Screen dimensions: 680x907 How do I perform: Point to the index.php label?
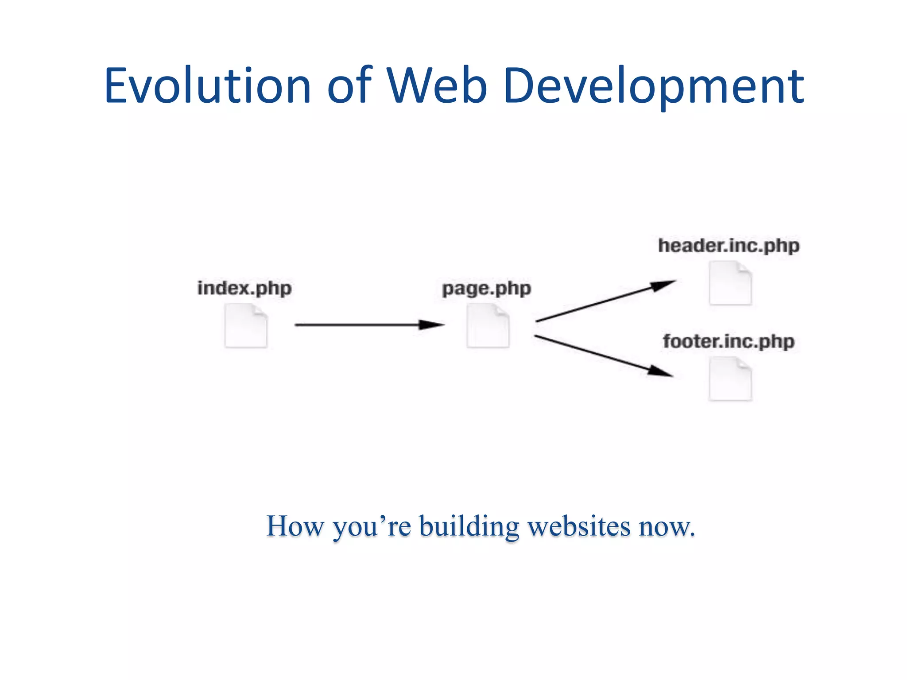[244, 288]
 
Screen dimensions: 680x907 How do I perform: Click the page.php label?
[487, 289]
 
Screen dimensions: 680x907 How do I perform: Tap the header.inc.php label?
[729, 246]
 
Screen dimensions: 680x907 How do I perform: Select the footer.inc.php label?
[729, 341]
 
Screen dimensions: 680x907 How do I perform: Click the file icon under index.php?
[246, 325]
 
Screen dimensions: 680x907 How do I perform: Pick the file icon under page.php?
[488, 325]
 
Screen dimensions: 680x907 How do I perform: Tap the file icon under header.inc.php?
[730, 283]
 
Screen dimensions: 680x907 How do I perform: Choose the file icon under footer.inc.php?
[730, 379]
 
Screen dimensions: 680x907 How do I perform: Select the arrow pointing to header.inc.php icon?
[605, 301]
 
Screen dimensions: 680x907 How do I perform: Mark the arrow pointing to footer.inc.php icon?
[604, 356]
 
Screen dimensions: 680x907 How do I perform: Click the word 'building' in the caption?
[469, 526]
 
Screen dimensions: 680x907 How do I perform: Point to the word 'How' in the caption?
[295, 526]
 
